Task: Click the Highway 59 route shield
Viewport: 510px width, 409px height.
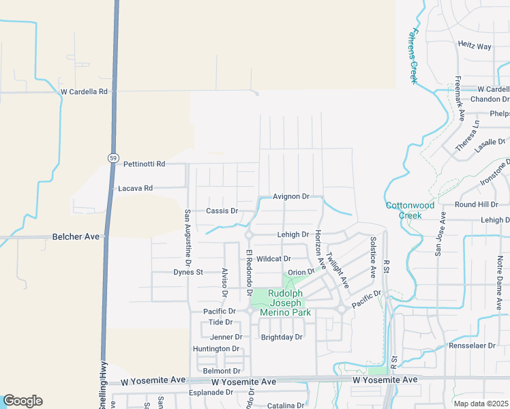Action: click(x=112, y=157)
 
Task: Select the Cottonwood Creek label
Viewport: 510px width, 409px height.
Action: click(x=410, y=210)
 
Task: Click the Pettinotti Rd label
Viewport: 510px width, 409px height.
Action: click(x=145, y=164)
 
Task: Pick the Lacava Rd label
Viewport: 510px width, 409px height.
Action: click(x=135, y=188)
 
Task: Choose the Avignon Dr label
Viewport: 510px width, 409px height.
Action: click(x=291, y=196)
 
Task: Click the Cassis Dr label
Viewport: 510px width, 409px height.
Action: click(x=222, y=211)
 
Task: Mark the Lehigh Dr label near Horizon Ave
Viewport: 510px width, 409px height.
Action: click(x=293, y=234)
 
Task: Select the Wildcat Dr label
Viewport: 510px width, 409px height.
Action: click(x=274, y=259)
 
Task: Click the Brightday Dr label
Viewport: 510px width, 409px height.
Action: click(x=282, y=337)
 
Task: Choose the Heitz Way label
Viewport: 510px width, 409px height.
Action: click(x=475, y=46)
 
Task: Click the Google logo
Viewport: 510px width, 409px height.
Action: click(x=22, y=401)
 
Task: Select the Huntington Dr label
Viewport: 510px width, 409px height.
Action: click(x=216, y=349)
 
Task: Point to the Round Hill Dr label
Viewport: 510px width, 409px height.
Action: click(x=477, y=204)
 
